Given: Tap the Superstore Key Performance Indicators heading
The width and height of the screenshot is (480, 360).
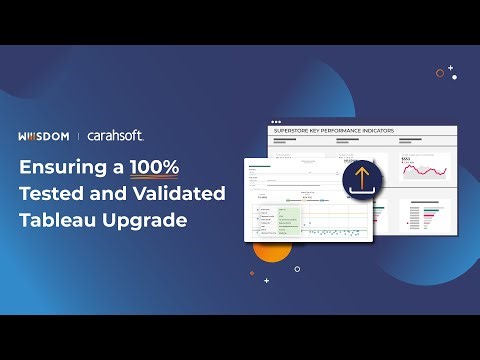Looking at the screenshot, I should [x=333, y=131].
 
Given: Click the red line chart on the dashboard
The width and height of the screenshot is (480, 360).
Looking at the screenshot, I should [x=425, y=170].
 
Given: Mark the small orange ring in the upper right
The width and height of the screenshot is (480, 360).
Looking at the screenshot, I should [x=440, y=72].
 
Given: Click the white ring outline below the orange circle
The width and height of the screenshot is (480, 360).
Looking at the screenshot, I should [x=297, y=268].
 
